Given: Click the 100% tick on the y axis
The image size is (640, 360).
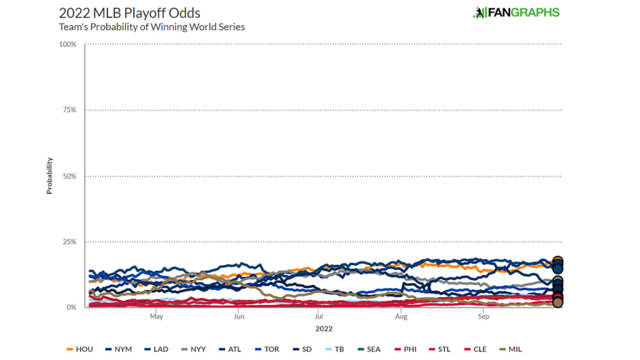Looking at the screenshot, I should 67,44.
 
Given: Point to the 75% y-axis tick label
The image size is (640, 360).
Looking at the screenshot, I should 69,110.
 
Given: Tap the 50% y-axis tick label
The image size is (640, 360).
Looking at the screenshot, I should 69,176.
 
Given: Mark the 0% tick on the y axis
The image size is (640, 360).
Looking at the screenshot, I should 71,307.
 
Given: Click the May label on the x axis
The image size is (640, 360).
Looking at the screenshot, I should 156,317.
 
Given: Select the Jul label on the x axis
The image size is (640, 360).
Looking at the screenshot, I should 319,317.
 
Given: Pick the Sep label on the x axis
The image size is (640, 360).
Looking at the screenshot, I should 483,317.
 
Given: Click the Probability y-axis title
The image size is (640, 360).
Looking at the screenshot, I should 49,176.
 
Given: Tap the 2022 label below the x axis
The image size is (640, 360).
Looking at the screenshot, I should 324,329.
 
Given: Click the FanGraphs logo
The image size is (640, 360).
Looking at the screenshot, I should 516,12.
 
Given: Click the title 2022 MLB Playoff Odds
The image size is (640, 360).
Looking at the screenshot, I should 129,13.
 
